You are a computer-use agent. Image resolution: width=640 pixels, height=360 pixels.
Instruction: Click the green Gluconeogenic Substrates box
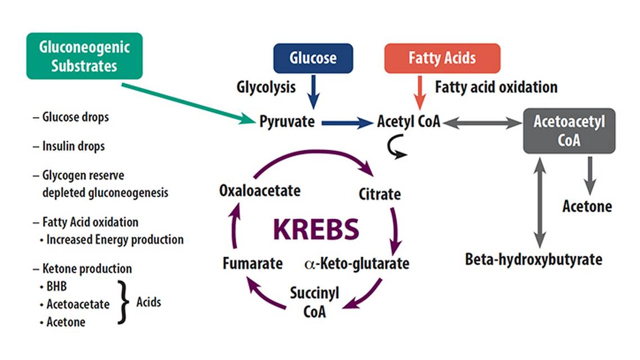84,56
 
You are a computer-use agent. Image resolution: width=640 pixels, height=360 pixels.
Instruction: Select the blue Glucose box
313,58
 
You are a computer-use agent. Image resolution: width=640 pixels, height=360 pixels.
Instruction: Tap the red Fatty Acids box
442,58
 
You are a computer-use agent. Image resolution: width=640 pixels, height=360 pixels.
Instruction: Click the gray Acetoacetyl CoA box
569,130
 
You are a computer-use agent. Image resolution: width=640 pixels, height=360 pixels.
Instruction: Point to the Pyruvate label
287,121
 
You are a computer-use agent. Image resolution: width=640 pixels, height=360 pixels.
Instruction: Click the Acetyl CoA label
408,121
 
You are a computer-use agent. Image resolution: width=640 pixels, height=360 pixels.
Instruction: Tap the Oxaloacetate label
259,190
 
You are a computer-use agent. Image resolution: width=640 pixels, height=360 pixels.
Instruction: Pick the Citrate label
380,195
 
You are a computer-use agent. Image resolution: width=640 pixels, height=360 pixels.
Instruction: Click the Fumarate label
252,263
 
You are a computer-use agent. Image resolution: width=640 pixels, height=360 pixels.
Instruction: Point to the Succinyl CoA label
314,301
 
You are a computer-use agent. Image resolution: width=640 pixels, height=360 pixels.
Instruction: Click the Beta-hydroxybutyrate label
534,259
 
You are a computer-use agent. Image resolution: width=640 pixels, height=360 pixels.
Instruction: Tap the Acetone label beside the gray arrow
587,206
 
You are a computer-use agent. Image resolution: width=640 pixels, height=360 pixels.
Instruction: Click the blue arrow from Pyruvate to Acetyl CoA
346,122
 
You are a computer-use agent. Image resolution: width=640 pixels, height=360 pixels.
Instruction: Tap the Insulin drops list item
74,146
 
